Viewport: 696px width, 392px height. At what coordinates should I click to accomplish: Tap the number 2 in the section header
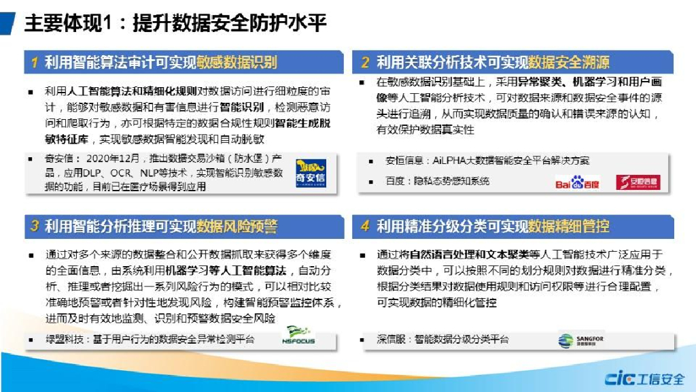[365, 63]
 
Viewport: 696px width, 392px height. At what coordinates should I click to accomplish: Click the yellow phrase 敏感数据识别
[237, 63]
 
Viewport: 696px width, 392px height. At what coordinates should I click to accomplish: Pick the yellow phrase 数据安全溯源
[569, 63]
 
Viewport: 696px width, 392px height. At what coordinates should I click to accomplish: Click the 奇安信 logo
[311, 174]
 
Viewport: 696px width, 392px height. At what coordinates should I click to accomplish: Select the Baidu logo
[577, 182]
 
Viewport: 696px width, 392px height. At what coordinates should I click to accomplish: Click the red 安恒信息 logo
[638, 182]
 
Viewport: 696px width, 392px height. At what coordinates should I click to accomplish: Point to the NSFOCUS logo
[298, 337]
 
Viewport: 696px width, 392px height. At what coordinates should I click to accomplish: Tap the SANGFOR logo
[581, 340]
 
